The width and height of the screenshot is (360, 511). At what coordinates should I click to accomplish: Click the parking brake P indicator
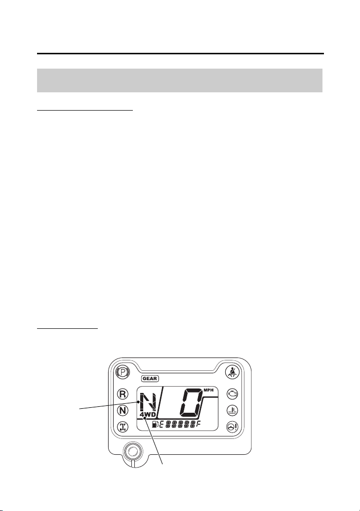pyautogui.click(x=123, y=372)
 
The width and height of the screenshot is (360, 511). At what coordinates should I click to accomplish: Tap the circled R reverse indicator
pyautogui.click(x=123, y=394)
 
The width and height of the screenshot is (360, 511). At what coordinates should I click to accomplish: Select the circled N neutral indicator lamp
pyautogui.click(x=123, y=410)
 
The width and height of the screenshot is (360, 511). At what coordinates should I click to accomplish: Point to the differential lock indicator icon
pyautogui.click(x=123, y=426)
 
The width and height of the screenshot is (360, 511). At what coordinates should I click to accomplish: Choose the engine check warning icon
pyautogui.click(x=233, y=394)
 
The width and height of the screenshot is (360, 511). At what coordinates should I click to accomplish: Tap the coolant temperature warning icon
pyautogui.click(x=233, y=410)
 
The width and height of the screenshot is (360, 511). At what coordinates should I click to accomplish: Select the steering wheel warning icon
pyautogui.click(x=233, y=427)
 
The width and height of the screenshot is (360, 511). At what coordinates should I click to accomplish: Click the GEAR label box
pyautogui.click(x=150, y=379)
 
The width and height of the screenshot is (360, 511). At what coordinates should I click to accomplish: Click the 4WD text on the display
pyautogui.click(x=148, y=415)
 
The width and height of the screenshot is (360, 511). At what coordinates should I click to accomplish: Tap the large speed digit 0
pyautogui.click(x=190, y=403)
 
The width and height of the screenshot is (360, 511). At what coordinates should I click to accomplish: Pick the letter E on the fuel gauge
pyautogui.click(x=161, y=424)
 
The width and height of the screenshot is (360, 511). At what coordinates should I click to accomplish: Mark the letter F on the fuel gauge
pyautogui.click(x=198, y=424)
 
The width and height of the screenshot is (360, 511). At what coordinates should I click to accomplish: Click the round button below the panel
pyautogui.click(x=132, y=451)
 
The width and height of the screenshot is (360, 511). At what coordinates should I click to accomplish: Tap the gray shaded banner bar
pyautogui.click(x=180, y=80)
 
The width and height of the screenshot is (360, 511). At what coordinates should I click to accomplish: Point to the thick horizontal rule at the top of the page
pyautogui.click(x=180, y=53)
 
